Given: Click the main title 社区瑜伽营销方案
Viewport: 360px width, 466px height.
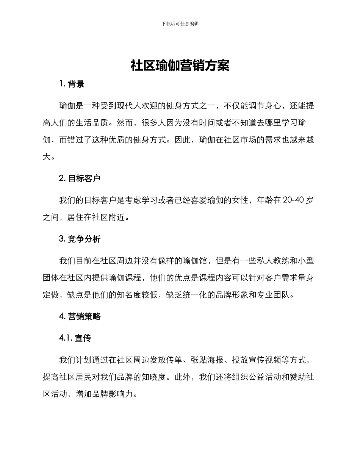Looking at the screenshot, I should click(x=180, y=66).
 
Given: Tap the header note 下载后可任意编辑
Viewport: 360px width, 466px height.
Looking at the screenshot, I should click(x=180, y=23).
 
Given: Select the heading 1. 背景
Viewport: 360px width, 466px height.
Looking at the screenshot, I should click(x=72, y=84).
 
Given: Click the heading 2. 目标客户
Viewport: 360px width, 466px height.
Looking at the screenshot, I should click(x=80, y=178).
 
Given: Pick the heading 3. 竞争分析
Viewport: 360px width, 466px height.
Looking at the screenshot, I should click(x=80, y=239).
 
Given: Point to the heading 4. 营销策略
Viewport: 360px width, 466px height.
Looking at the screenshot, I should click(x=80, y=317).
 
